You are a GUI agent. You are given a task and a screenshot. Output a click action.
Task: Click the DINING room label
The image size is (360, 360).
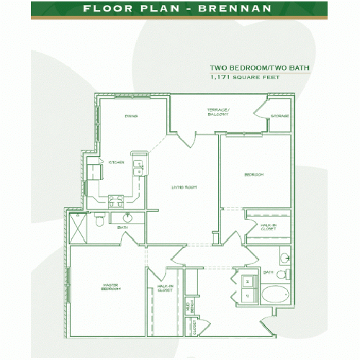click(x=130, y=115)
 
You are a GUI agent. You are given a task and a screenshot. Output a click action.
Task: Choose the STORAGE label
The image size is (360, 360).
click(x=280, y=116)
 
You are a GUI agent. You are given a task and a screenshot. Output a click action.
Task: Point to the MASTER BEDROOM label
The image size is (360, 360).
click(x=110, y=288)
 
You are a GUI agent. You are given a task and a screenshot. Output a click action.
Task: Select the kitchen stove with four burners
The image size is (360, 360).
click(x=115, y=202)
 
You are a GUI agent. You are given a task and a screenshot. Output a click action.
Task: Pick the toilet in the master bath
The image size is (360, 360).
click(x=99, y=222)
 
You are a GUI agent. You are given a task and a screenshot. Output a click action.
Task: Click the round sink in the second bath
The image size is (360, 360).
click(x=284, y=258)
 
